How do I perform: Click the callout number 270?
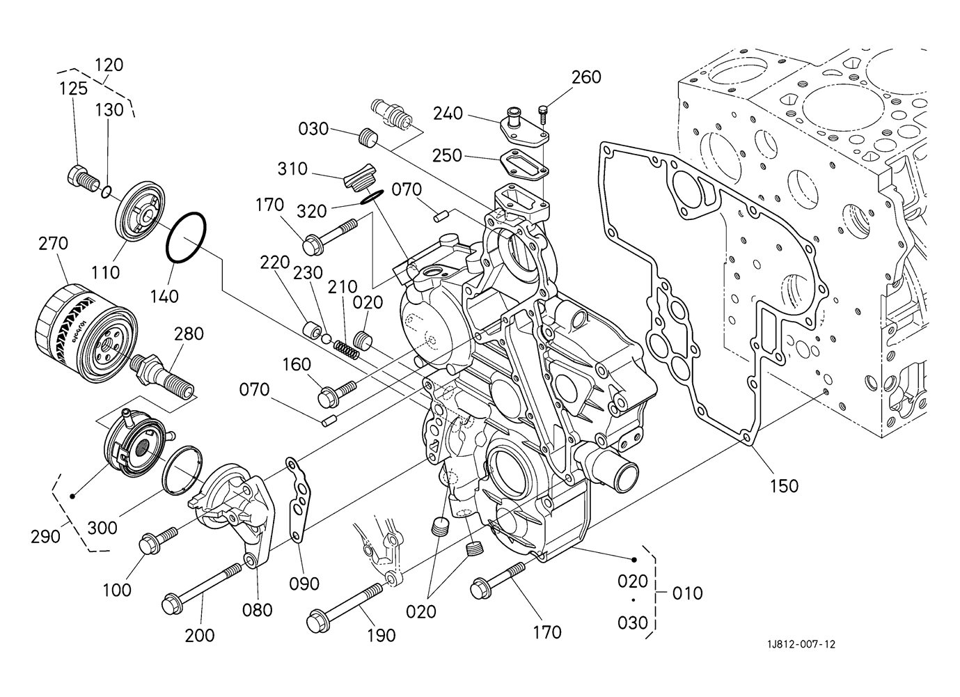tap(53, 244)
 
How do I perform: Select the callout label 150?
tap(785, 486)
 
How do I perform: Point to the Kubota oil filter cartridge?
tap(86, 332)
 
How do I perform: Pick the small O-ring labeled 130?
tap(107, 192)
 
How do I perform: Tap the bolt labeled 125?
tap(84, 178)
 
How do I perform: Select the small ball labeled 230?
tap(326, 339)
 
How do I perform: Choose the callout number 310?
tap(292, 169)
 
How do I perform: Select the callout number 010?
tap(687, 593)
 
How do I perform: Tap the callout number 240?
tap(448, 113)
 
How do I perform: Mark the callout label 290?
tap(45, 537)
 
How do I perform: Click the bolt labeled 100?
tap(158, 542)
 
